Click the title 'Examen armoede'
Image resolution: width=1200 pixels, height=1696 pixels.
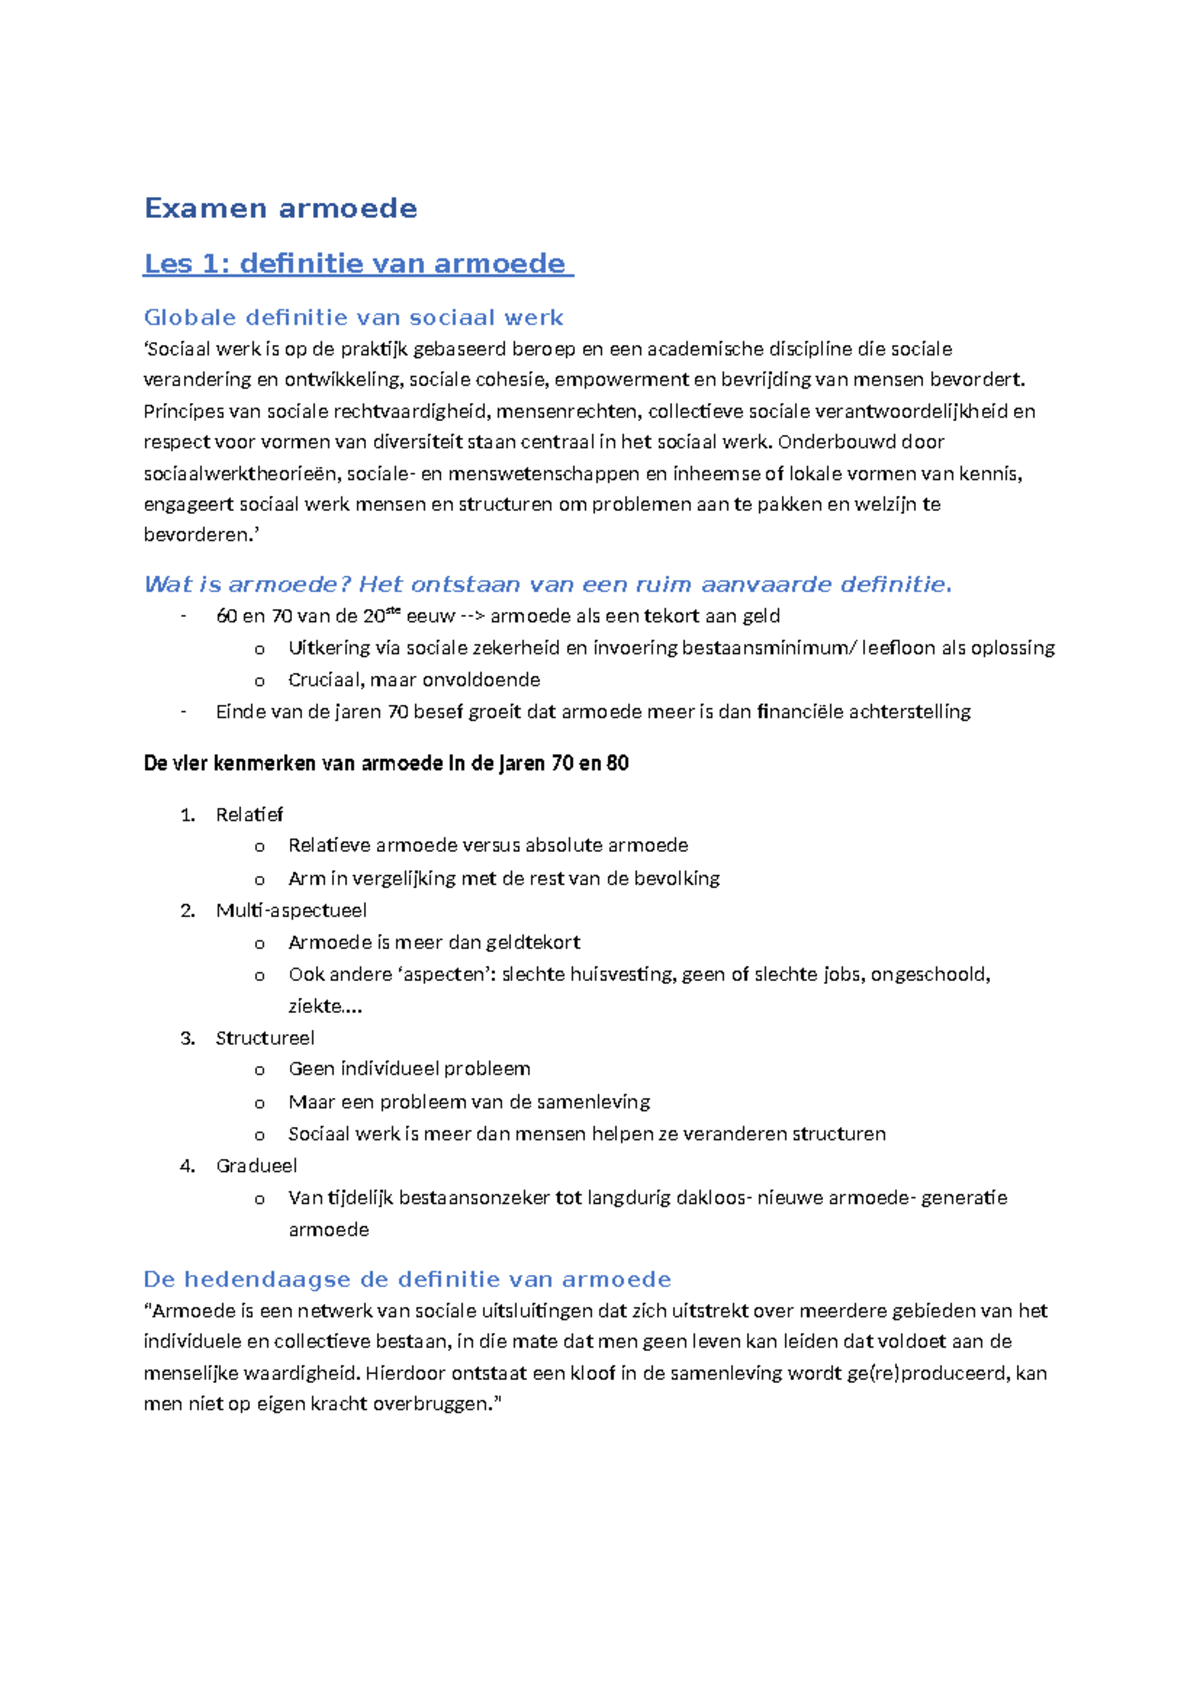(x=280, y=208)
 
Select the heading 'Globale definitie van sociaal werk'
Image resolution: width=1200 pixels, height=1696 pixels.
(x=353, y=318)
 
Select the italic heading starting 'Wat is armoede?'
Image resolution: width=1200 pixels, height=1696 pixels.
(x=547, y=584)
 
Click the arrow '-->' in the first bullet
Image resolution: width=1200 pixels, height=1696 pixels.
(x=472, y=616)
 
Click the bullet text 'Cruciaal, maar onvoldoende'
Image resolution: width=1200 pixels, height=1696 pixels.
(x=413, y=680)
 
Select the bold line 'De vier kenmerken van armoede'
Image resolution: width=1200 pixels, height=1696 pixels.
(x=386, y=764)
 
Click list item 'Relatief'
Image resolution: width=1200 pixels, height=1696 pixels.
(x=249, y=815)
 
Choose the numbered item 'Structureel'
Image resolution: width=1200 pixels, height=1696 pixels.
(x=265, y=1038)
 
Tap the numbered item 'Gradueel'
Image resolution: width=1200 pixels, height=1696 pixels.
(x=256, y=1166)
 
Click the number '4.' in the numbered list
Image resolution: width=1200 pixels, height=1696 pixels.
(x=187, y=1166)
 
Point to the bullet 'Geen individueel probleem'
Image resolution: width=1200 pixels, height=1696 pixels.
(x=409, y=1069)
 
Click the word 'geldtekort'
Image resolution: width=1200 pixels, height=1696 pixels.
(x=532, y=943)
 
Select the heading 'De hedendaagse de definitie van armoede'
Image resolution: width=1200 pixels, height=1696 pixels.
(x=406, y=1280)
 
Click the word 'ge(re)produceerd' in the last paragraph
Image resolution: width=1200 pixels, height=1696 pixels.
(x=927, y=1374)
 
